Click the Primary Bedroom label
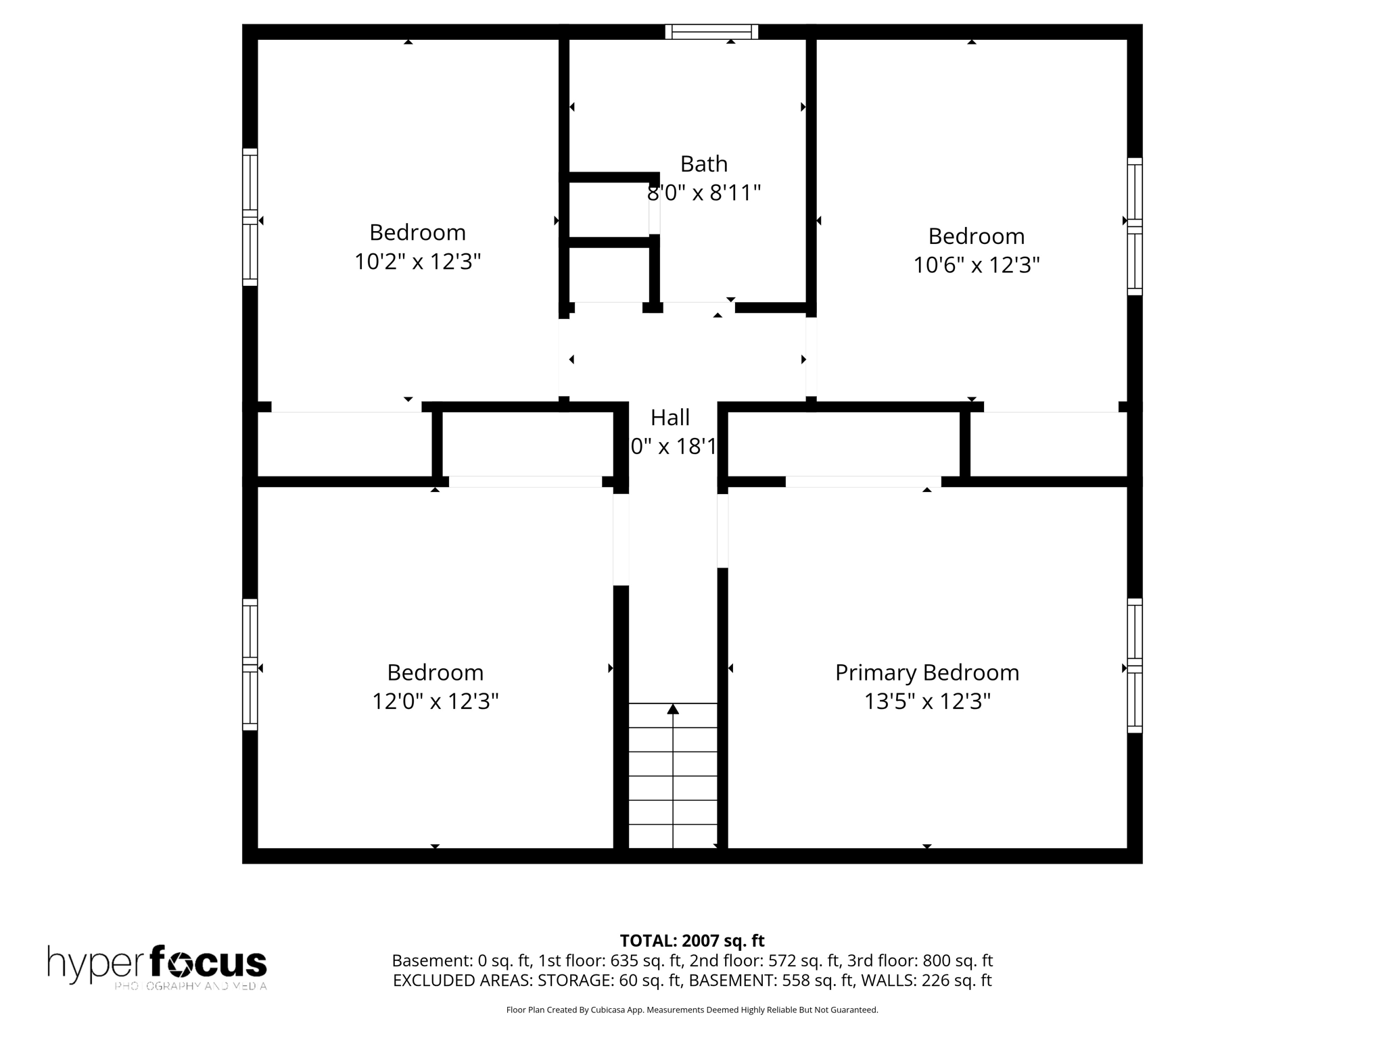click(x=926, y=672)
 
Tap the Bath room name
click(x=703, y=164)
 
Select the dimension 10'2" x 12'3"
click(x=417, y=262)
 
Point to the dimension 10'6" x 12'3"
click(x=976, y=265)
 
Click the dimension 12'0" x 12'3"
click(x=435, y=701)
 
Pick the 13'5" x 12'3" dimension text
click(x=926, y=701)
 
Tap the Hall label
click(x=670, y=418)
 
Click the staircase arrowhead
click(x=672, y=709)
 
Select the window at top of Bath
click(x=711, y=32)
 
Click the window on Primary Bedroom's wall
click(x=1134, y=666)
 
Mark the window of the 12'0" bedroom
click(x=250, y=664)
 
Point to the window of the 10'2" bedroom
click(x=250, y=217)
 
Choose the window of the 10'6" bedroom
click(x=1134, y=226)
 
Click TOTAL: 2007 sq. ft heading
click(x=692, y=941)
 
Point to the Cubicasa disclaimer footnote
click(x=692, y=1010)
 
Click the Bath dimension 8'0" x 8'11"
click(x=703, y=193)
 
